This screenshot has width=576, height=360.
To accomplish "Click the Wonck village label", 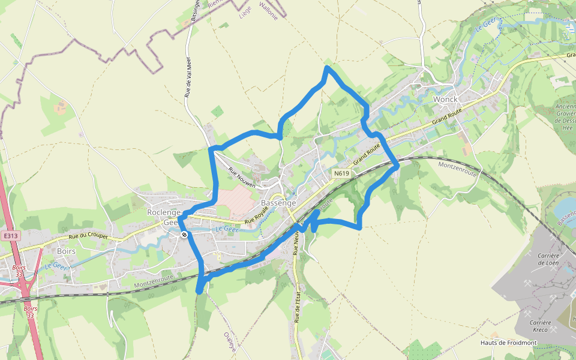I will point(445,99).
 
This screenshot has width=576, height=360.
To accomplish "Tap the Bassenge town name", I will point(278,203).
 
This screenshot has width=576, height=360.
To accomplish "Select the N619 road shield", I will point(341,173).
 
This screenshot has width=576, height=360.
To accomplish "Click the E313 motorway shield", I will point(10,236).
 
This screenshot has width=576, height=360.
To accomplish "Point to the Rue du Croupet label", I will point(88,236).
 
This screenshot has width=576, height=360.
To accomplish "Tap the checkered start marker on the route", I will point(184,235).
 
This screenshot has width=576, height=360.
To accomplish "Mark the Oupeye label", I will point(229,342).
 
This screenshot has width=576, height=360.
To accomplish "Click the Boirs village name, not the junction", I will point(66,251).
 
